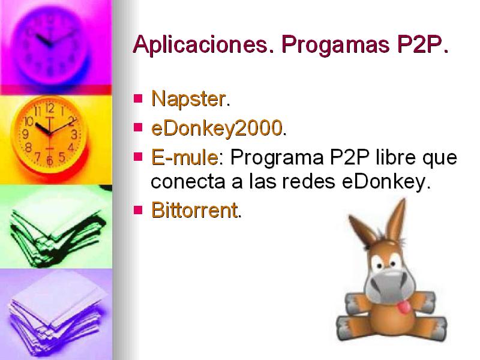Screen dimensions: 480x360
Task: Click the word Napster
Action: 188,98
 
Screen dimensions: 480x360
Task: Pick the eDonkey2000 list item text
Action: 217,128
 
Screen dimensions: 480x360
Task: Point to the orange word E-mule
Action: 185,157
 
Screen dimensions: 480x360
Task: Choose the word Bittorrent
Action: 194,210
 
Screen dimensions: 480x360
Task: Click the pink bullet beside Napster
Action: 138,98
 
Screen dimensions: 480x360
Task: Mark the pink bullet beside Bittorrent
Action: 138,210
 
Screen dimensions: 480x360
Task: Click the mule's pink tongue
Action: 404,307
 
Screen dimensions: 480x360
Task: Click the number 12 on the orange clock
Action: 50,108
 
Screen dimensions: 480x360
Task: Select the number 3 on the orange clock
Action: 74,134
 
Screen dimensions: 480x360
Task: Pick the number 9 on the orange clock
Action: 26,134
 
